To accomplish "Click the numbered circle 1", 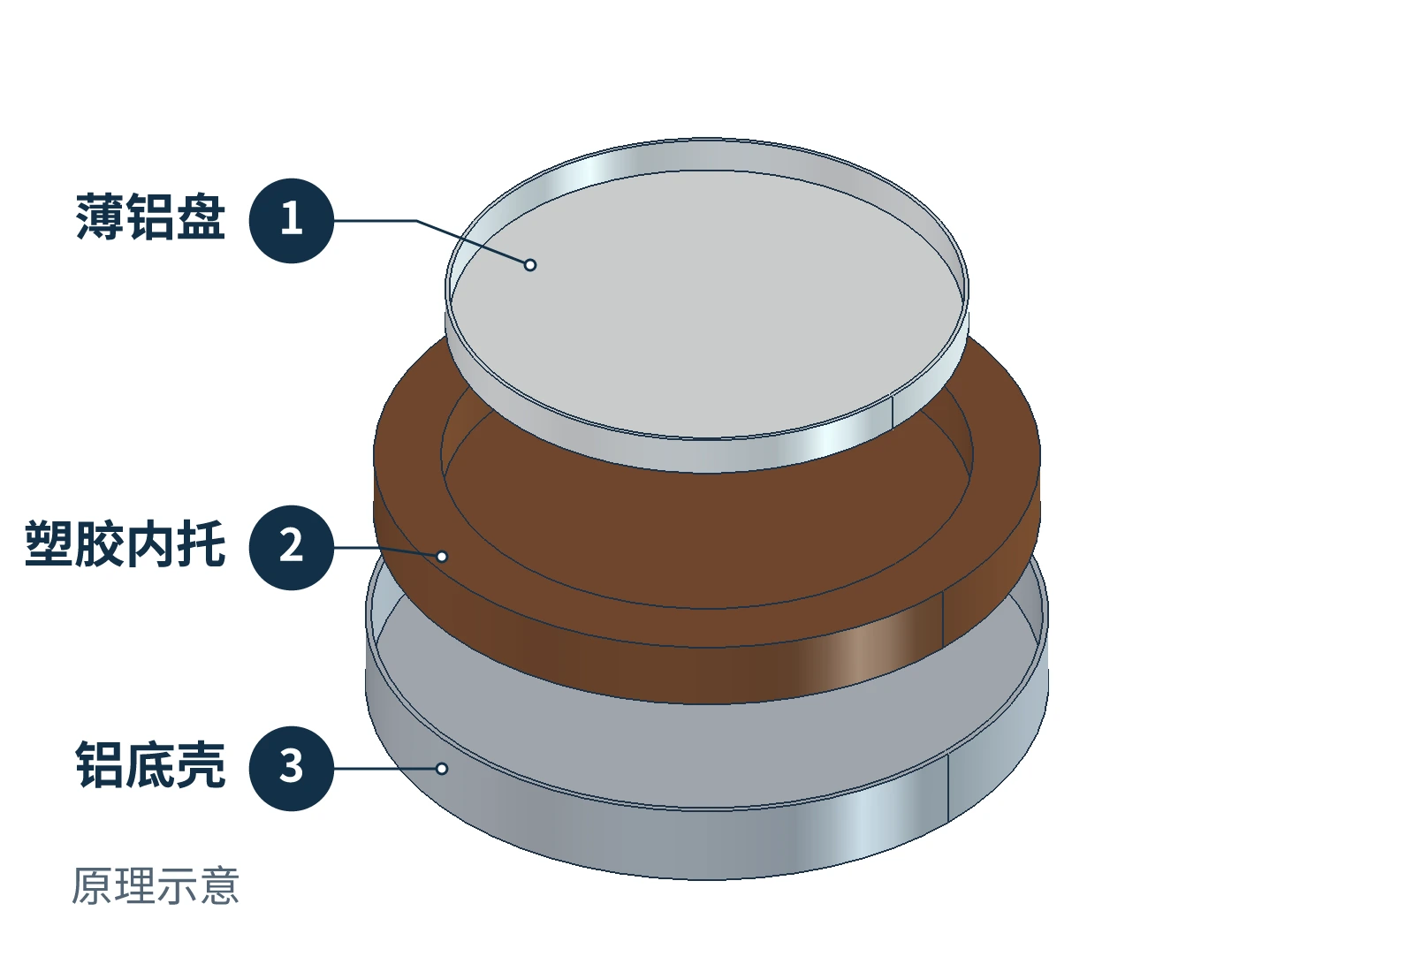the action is point(291,220).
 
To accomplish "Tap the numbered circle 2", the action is point(291,547).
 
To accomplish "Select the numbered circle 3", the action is point(291,768).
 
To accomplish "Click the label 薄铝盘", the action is point(150,216).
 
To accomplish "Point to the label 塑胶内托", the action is point(125,543).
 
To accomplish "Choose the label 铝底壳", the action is point(150,764).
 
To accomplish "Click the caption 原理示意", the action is point(156,885).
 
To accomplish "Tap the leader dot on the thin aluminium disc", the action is point(530,265).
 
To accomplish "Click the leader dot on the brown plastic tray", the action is point(442,556).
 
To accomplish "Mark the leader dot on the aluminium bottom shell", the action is point(442,768).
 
